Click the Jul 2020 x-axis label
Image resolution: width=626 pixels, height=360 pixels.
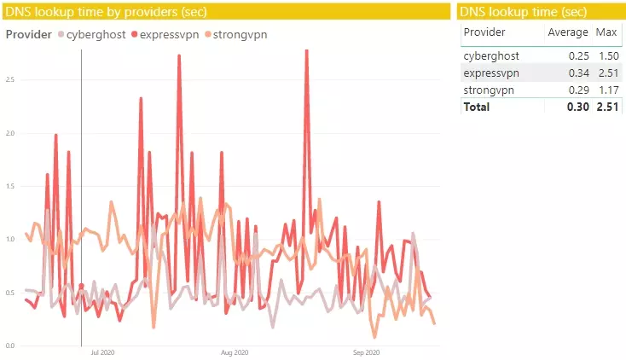pos(102,351)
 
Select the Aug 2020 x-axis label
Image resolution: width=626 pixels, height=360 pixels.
pos(235,351)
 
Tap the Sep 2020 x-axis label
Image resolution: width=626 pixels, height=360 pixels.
pos(366,351)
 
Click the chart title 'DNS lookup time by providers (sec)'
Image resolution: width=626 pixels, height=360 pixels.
pos(106,11)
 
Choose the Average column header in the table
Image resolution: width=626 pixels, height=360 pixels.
pos(567,32)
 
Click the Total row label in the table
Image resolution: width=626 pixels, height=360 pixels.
pos(477,107)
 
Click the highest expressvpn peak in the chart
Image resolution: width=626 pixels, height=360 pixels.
pos(306,51)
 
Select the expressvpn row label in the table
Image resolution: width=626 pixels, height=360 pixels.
pos(491,73)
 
